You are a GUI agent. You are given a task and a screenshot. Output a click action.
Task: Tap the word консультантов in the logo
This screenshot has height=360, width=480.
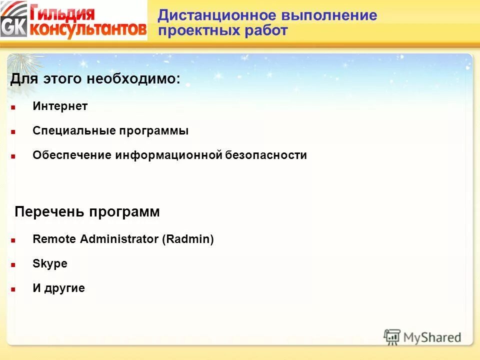tap(88, 29)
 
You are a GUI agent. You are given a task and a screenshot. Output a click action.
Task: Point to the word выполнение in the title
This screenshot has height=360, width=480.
tap(330, 15)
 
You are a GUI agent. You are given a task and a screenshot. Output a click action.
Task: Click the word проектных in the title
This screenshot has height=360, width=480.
tap(199, 30)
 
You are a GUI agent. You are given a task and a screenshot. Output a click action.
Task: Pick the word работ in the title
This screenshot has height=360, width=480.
tap(266, 30)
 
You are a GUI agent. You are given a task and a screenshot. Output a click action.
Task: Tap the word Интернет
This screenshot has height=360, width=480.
tap(60, 106)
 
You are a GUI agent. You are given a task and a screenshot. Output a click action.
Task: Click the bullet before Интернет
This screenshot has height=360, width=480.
tap(13, 107)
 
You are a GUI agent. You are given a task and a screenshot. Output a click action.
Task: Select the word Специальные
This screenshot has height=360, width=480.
tap(73, 131)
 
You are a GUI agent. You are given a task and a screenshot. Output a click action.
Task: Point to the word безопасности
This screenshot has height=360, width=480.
tap(266, 155)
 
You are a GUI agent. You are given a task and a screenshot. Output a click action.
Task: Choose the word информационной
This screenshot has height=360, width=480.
tap(168, 155)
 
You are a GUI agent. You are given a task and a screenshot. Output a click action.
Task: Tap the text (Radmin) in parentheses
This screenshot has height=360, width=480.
tap(187, 239)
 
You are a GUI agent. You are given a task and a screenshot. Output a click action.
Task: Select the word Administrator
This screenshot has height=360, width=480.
tap(125, 239)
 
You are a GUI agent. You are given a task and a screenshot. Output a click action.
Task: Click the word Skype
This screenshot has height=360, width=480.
tap(50, 264)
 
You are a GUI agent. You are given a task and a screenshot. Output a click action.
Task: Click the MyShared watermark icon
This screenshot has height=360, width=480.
tap(392, 337)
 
